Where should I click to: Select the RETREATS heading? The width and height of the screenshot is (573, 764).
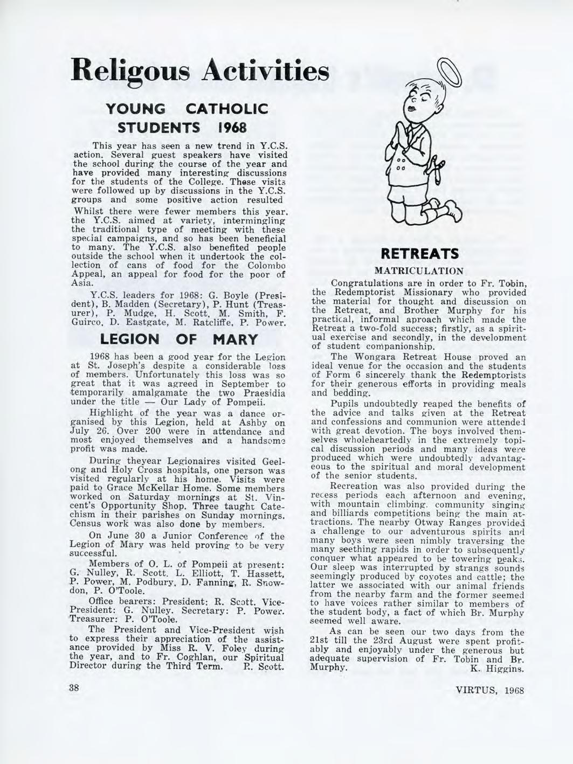pos(419,253)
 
